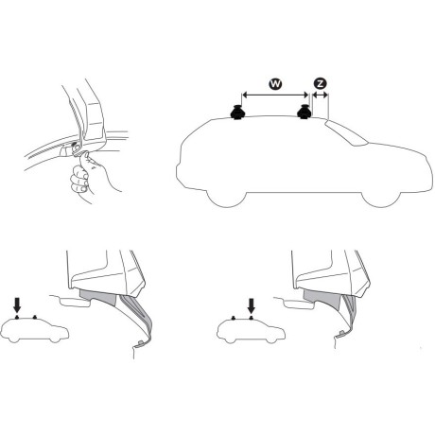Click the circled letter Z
[x=320, y=83]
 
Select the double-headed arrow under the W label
[x=275, y=96]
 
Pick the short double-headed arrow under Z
[x=320, y=96]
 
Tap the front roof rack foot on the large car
[x=306, y=114]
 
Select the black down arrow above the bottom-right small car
[x=251, y=305]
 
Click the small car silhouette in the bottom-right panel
[x=246, y=332]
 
